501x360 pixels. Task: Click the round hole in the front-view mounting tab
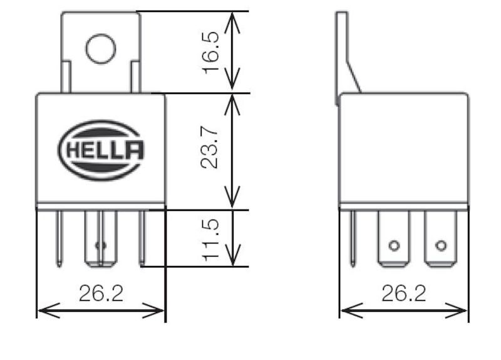pyautogui.click(x=101, y=49)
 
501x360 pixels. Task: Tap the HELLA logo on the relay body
pyautogui.click(x=101, y=150)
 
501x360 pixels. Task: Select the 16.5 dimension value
pyautogui.click(x=211, y=53)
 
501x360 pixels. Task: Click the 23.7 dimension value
pyautogui.click(x=211, y=149)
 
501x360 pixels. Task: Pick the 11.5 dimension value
pyautogui.click(x=211, y=239)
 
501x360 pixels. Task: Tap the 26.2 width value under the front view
pyautogui.click(x=101, y=294)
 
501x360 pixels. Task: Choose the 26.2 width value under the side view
pyautogui.click(x=404, y=294)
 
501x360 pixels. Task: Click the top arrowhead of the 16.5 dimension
pyautogui.click(x=233, y=16)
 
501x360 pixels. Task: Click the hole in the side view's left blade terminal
pyautogui.click(x=394, y=245)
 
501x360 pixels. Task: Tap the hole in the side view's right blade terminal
pyautogui.click(x=441, y=245)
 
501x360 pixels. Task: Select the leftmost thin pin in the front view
pyautogui.click(x=59, y=238)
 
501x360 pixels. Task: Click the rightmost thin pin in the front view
pyautogui.click(x=142, y=238)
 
